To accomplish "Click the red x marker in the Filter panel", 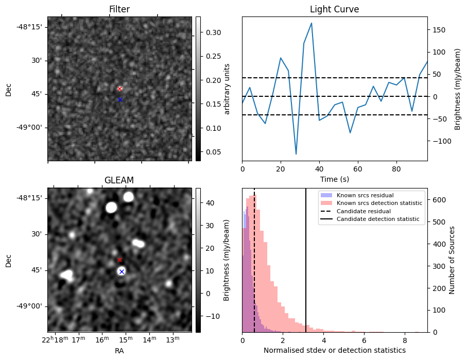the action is coord(120,89).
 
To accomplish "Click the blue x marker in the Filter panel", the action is coord(120,99).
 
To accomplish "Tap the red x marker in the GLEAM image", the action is coord(120,260).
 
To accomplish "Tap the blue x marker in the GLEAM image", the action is coord(122,271).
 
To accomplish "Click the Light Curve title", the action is coord(335,9).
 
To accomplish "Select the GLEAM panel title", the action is coord(119,180).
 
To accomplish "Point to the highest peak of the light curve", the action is coord(312,23).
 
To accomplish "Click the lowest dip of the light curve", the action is coord(296,154).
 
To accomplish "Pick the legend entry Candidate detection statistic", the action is coord(378,219).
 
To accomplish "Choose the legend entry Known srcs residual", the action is coord(365,195).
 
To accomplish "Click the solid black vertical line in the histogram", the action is coord(306,260).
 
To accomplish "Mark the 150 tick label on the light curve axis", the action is coord(439,30).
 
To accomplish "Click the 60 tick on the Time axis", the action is coord(358,169).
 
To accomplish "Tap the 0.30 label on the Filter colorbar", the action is coord(214,32).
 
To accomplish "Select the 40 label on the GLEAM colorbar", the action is coord(210,203).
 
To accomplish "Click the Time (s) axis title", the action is coord(335,179).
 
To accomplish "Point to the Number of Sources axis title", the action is coord(452,260).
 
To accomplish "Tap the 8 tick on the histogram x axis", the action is coord(405,340).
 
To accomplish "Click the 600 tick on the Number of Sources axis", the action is coord(439,200).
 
